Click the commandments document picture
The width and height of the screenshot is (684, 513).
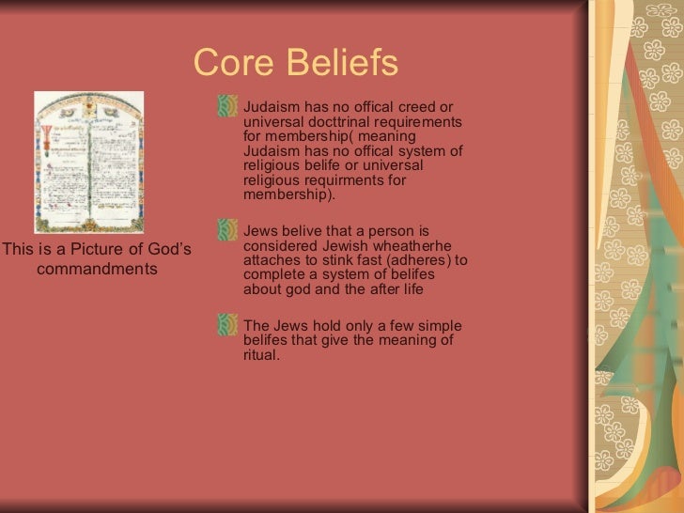(x=88, y=162)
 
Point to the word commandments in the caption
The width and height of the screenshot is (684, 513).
(x=97, y=270)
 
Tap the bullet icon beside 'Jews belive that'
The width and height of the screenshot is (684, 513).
(x=226, y=231)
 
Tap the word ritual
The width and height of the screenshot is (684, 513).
(x=261, y=356)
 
